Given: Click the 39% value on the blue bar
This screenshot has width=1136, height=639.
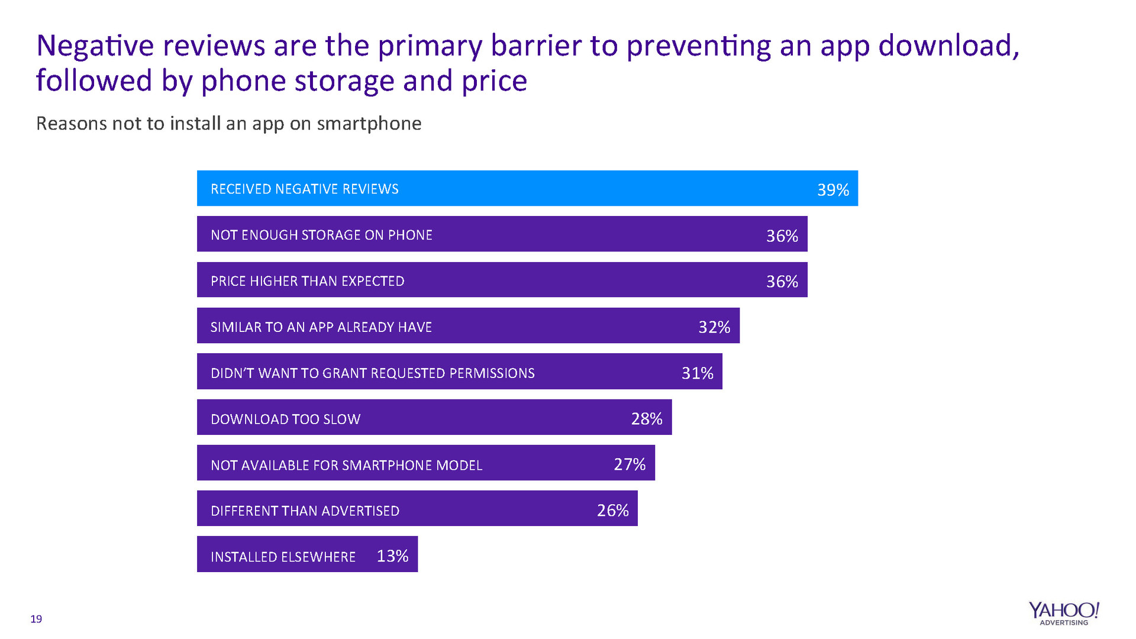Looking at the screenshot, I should coord(833,190).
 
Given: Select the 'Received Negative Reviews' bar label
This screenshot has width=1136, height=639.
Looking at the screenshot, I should coord(305,189).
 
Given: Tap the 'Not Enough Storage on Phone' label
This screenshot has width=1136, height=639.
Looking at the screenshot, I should coord(321,235).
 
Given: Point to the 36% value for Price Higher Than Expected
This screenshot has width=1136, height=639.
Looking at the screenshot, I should coord(782,282).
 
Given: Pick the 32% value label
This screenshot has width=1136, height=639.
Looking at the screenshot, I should coord(714,327).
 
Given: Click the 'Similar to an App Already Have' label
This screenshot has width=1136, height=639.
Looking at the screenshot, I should coord(321,328).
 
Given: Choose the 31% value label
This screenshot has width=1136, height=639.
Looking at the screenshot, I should coord(698,373).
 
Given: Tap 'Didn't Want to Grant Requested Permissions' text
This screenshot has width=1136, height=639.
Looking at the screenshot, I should coord(373,373).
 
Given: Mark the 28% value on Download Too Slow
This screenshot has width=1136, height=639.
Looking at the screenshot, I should coord(647,419).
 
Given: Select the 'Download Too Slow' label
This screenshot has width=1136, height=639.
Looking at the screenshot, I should coord(285,419).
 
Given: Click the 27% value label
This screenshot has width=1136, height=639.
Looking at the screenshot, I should coord(630,464).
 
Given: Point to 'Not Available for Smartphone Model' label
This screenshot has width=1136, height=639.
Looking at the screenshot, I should coord(347,466).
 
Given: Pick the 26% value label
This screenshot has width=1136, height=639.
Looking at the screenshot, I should coord(612,511).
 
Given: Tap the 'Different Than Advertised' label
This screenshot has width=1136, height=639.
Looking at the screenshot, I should coord(305,511).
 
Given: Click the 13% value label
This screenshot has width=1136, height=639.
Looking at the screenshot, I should coord(392,556).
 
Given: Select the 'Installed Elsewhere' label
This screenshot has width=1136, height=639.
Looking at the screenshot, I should coord(283,557).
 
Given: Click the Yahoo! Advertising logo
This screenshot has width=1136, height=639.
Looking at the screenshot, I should coord(1064,614).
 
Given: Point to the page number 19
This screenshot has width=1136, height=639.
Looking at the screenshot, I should coord(36,619).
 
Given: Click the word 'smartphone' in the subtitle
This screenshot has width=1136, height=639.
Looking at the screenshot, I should coord(369,124).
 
